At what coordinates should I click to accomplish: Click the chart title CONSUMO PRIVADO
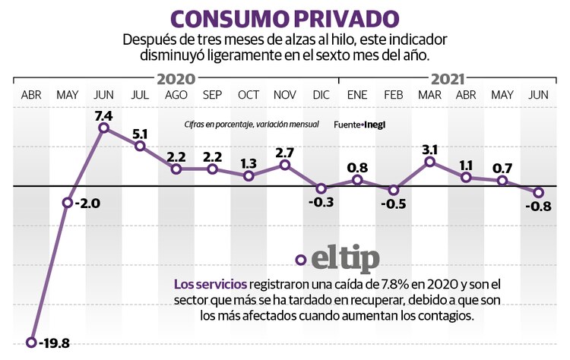pyautogui.click(x=284, y=18)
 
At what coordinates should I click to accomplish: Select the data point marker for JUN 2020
pyautogui.click(x=103, y=128)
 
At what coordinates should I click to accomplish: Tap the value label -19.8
pyautogui.click(x=53, y=343)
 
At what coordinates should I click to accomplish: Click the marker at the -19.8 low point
pyautogui.click(x=31, y=343)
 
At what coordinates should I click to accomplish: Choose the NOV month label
pyautogui.click(x=284, y=95)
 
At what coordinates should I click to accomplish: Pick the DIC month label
pyautogui.click(x=321, y=95)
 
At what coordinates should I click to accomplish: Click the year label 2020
pyautogui.click(x=176, y=78)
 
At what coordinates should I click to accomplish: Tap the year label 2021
pyautogui.click(x=448, y=78)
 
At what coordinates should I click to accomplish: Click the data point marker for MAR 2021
pyautogui.click(x=430, y=161)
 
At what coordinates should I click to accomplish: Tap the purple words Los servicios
pyautogui.click(x=205, y=285)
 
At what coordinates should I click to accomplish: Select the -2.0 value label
pyautogui.click(x=85, y=203)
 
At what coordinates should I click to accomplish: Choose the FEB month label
pyautogui.click(x=393, y=95)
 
